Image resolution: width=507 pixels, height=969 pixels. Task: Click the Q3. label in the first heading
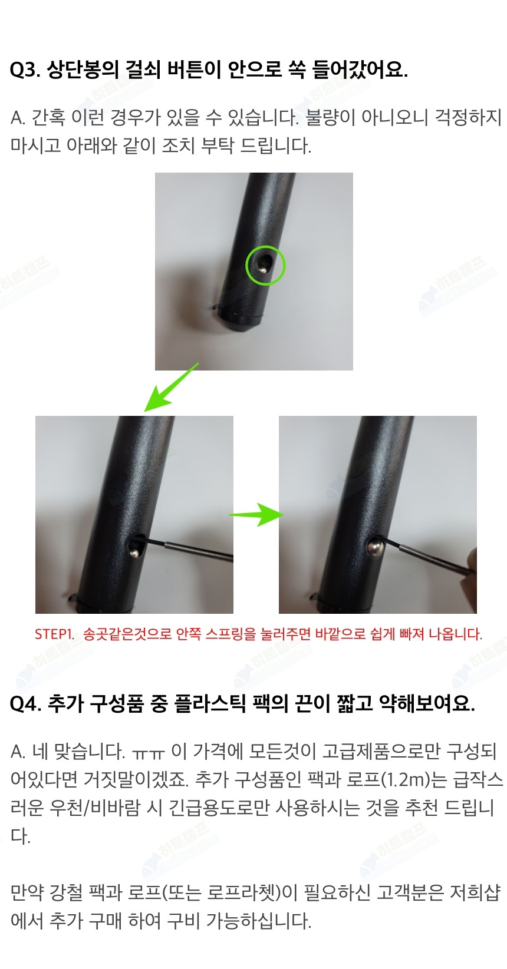(x=25, y=70)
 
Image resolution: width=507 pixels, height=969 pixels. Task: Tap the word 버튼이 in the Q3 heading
(x=193, y=70)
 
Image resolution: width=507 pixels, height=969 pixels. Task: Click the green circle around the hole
(x=265, y=265)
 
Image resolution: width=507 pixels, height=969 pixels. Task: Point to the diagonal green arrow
(x=171, y=387)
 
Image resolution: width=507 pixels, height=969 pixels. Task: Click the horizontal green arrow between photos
(x=256, y=515)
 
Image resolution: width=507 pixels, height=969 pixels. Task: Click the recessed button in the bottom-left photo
(x=134, y=550)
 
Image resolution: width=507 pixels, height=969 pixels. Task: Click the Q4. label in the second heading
(x=25, y=704)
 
